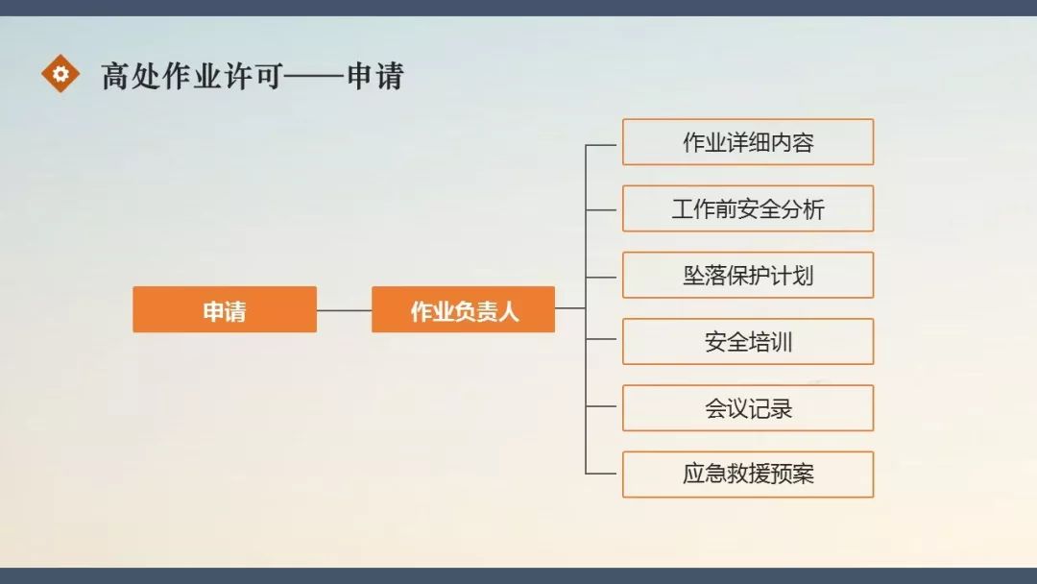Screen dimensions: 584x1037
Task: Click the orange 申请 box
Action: (224, 309)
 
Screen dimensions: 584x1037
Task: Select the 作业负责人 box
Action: (463, 309)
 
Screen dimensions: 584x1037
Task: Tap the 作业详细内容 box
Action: (747, 142)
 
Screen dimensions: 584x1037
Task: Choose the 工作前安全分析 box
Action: (747, 208)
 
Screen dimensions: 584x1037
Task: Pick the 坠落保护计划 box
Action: (747, 275)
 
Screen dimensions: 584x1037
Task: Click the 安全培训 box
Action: (747, 341)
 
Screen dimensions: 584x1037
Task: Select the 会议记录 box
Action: (747, 408)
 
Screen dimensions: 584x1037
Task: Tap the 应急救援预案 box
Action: (747, 474)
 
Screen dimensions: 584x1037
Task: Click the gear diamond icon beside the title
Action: (60, 73)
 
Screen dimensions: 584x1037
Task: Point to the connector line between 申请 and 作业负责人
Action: (344, 310)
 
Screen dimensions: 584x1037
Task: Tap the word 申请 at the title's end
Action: (375, 76)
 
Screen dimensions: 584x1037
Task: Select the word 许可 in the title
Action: (253, 76)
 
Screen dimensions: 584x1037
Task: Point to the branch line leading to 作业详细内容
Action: (603, 145)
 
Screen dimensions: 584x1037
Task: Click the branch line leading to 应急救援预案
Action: (603, 474)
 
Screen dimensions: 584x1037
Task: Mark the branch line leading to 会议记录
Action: (603, 407)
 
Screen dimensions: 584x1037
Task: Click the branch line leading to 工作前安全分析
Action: (603, 209)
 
